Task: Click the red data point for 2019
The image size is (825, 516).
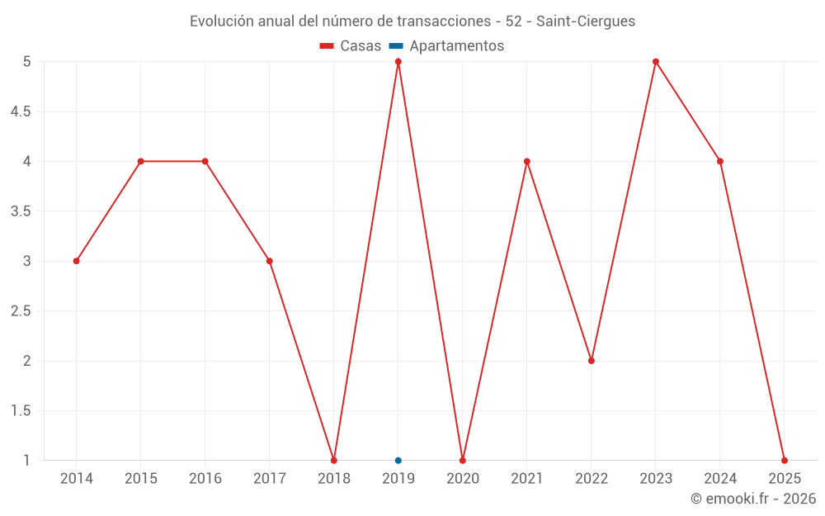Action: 398,61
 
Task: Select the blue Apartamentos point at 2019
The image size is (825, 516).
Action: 398,461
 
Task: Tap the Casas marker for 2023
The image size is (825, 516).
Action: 656,61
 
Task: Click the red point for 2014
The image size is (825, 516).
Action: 76,261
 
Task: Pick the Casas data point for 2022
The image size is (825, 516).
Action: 592,361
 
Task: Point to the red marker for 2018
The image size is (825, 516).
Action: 334,461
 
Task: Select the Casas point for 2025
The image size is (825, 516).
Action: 785,461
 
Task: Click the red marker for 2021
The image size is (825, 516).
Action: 527,161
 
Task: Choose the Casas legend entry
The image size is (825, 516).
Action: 351,46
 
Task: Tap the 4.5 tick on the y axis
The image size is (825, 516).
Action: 21,111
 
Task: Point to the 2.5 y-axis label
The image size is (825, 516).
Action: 21,311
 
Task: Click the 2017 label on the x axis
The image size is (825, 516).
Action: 270,479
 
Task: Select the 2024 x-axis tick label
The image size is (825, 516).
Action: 720,479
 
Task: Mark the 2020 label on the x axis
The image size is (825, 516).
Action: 463,479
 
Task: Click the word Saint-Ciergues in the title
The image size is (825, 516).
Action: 586,21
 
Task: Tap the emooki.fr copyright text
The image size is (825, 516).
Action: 753,499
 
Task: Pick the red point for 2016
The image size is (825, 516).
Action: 205,161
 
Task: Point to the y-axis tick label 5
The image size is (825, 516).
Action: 26,61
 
